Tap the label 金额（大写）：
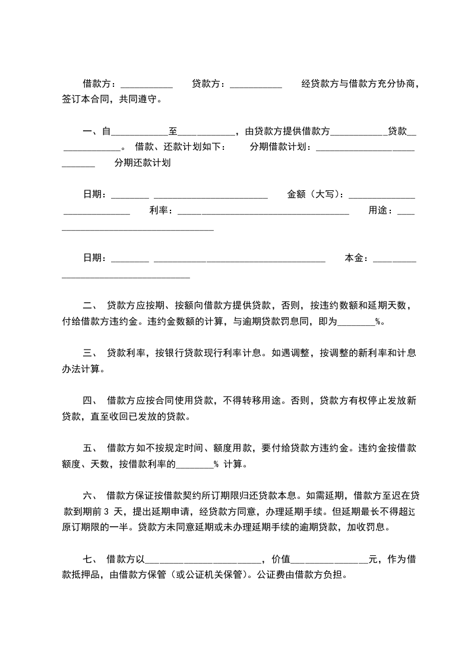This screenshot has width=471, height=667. tap(317, 194)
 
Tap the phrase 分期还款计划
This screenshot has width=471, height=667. tap(143, 163)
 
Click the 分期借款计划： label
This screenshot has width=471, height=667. tap(282, 147)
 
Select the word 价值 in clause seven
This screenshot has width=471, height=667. tap(280, 559)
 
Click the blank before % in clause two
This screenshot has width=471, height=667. tap(356, 323)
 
